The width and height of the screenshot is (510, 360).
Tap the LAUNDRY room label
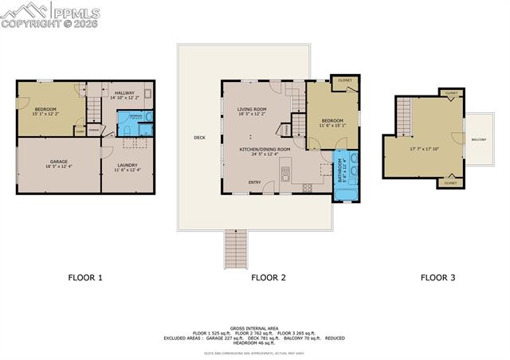tap(127, 166)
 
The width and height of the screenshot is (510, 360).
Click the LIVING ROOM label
tap(252, 109)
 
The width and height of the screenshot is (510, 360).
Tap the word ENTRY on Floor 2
tap(254, 182)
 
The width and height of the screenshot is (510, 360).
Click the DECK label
tap(199, 138)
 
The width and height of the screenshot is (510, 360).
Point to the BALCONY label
tap(479, 140)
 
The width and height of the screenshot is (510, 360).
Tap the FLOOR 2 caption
tap(269, 278)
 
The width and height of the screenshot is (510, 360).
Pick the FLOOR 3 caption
tap(438, 278)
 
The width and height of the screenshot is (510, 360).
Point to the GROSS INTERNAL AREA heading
tap(253, 327)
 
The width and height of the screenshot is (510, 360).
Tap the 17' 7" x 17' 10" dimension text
tap(426, 147)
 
